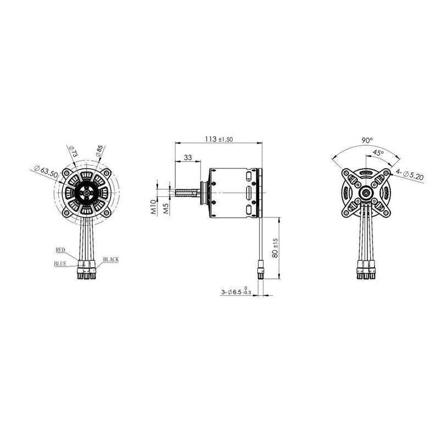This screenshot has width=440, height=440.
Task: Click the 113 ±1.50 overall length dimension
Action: [x=219, y=139]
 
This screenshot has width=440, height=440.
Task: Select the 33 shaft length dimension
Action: [x=188, y=157]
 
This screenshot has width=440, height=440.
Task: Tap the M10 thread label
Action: [x=155, y=207]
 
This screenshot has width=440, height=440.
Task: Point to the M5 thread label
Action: [x=166, y=208]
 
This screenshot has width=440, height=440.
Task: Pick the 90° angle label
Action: [x=367, y=140]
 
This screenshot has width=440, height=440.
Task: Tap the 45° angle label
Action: [x=378, y=152]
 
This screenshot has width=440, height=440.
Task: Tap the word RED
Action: [x=61, y=250]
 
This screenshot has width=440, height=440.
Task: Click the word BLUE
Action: [x=60, y=263]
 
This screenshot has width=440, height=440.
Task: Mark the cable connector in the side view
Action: [x=261, y=271]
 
